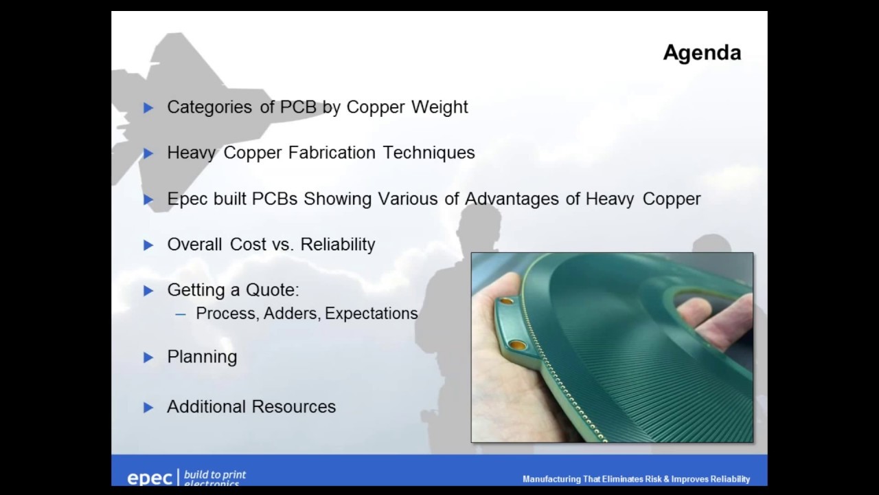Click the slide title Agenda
coord(701,53)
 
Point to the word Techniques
coord(429,153)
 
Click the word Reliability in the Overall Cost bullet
coord(338,245)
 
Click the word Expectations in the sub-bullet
coord(372,313)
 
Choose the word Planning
coord(202,357)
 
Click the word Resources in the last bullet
coord(293,407)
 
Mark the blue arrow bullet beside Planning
coord(148,357)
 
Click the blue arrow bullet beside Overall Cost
coord(148,245)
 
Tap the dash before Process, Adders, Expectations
coord(181,314)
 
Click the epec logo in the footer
coord(150,478)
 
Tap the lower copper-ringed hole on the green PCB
coord(517,344)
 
